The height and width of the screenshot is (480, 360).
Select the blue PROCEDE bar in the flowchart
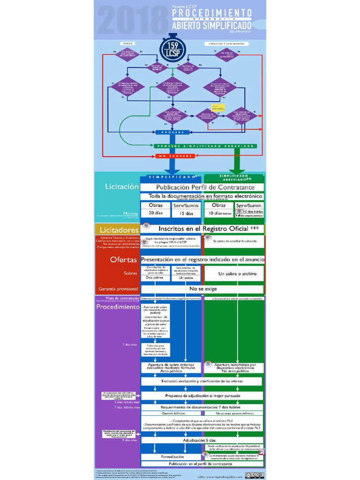coord(172,132)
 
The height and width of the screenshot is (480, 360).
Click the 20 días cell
coord(156,213)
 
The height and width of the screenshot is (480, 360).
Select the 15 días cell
coord(186,213)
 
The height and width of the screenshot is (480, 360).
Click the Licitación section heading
coord(122,186)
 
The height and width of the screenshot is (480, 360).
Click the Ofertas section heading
coord(123,259)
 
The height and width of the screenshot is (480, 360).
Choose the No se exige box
coord(202,289)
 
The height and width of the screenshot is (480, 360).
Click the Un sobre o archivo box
coord(234,273)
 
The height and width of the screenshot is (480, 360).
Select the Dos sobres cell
coord(156,277)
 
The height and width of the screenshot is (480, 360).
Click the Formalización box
coord(172,456)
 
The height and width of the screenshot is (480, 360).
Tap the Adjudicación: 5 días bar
coord(202,440)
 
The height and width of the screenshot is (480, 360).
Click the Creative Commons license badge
coord(257,475)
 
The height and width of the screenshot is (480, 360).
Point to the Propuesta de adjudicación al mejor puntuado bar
coord(202,396)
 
